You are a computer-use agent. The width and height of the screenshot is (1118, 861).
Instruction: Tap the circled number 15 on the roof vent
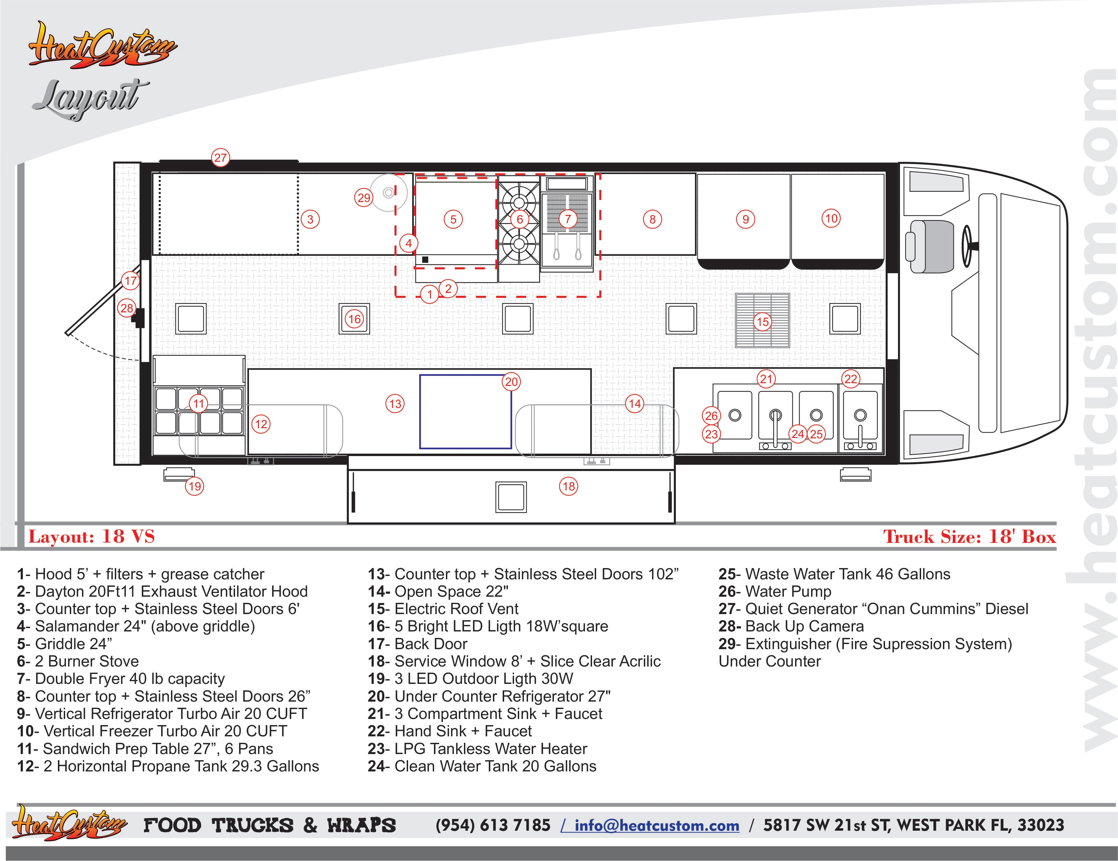762,322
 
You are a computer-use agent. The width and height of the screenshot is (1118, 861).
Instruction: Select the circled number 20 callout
511,381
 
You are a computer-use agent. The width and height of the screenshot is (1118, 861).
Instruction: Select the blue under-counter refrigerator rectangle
465,411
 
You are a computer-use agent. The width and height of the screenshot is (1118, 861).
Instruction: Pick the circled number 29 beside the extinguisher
363,198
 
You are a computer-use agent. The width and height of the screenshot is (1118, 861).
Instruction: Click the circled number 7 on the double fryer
568,219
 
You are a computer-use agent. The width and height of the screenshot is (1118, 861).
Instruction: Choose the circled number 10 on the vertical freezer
831,219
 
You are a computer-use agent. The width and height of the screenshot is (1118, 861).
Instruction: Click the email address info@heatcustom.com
657,825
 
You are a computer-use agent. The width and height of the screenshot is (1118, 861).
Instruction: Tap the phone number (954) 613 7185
493,825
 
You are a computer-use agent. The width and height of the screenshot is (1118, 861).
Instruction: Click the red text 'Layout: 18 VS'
92,536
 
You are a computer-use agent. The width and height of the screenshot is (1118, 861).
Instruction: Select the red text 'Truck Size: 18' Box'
969,536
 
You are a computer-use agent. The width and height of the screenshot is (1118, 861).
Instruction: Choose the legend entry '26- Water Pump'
775,592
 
